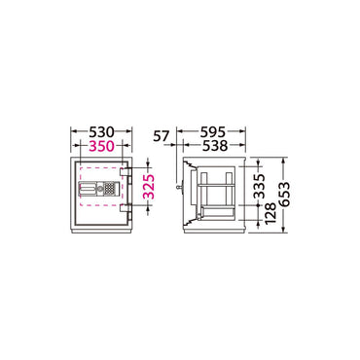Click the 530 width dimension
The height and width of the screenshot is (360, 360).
102,132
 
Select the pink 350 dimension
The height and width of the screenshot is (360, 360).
102,146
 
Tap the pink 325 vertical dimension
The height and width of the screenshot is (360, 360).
149,187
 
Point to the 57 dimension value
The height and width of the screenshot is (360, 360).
162,136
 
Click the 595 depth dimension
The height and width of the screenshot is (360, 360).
213,132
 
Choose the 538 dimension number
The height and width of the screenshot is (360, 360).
215,146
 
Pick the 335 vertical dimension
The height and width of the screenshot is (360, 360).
259,187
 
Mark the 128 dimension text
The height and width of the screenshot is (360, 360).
270,213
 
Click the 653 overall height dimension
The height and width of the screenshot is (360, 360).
284,195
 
